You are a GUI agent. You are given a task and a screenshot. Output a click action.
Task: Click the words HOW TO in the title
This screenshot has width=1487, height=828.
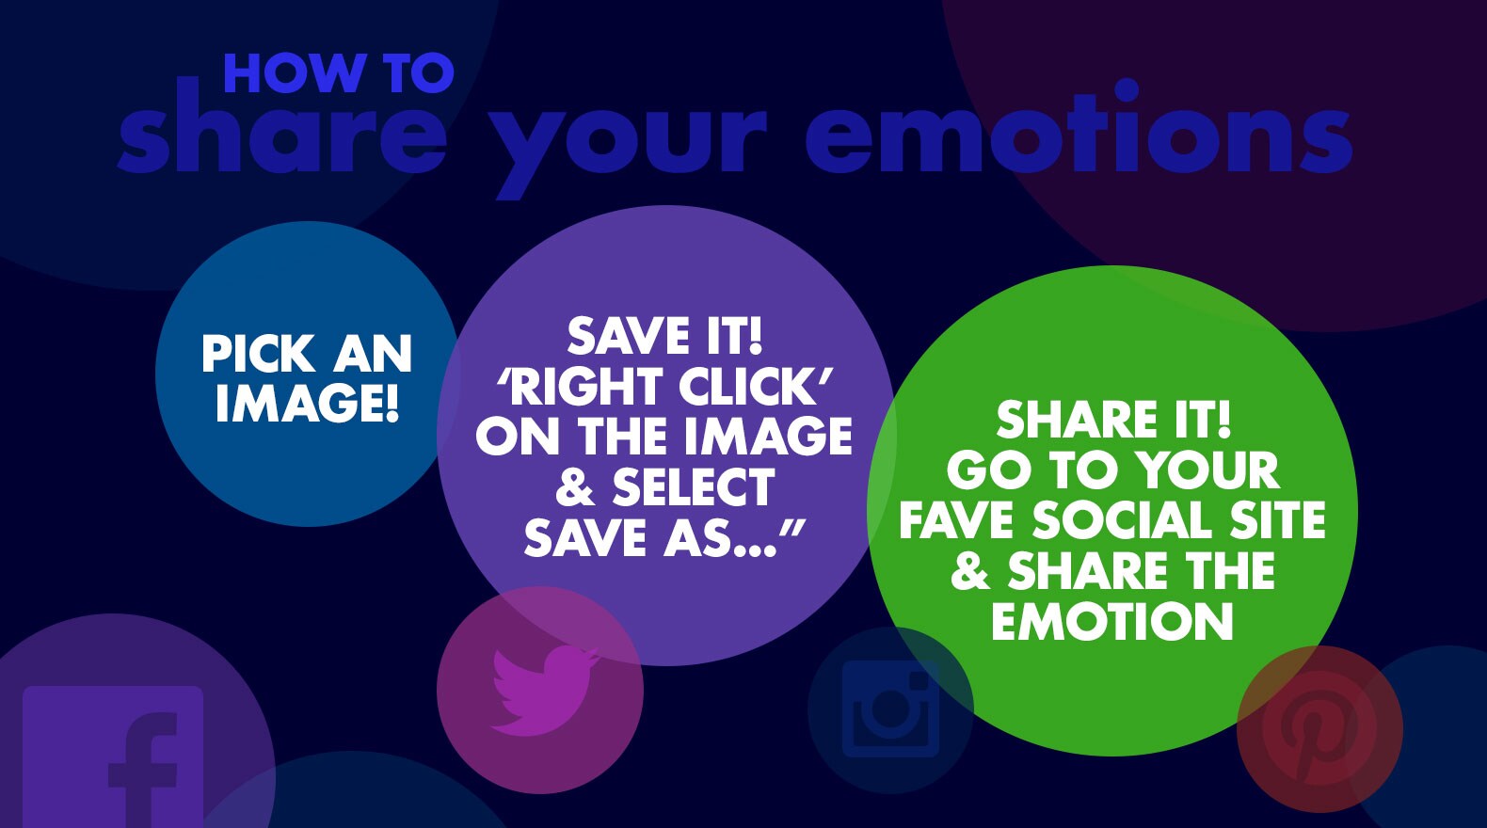click(x=339, y=73)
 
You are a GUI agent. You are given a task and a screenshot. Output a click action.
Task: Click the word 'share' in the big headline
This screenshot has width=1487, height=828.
click(x=282, y=125)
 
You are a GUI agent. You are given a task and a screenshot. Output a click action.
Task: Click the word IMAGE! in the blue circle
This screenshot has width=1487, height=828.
click(x=308, y=404)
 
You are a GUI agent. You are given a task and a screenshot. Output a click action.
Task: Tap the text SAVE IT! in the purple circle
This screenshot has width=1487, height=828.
click(x=664, y=336)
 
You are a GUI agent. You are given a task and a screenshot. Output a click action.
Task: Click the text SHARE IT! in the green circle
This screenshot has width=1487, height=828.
click(x=1113, y=419)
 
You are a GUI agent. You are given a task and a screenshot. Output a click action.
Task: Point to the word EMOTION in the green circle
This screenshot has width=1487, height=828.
click(x=1112, y=621)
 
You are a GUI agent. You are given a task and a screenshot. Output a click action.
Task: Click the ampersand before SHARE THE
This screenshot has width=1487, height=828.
click(x=970, y=570)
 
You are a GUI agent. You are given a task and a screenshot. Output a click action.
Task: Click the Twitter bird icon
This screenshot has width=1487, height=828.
click(x=544, y=691)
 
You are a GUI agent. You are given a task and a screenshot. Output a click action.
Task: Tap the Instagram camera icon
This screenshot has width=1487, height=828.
click(x=891, y=709)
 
